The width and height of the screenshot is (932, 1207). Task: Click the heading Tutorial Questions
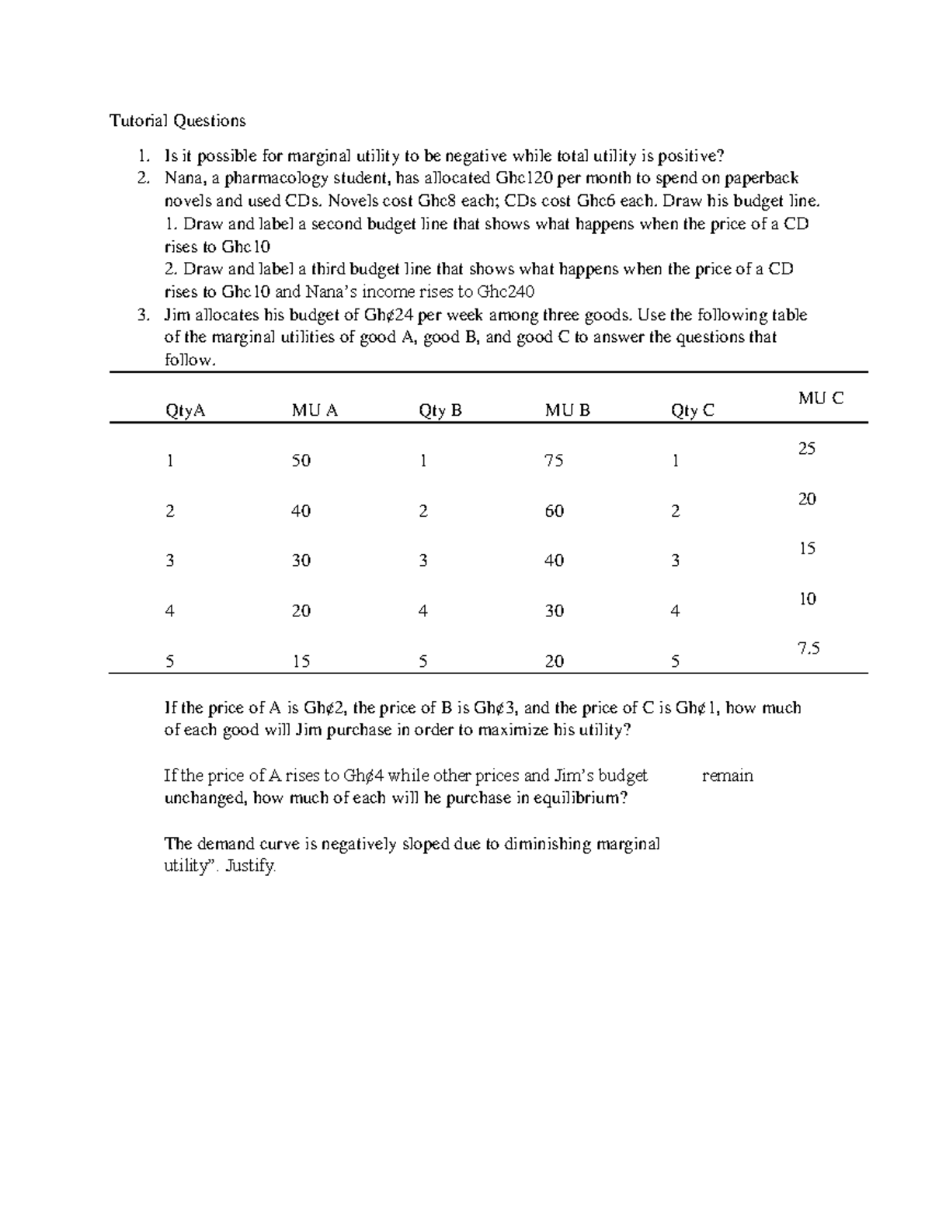click(177, 120)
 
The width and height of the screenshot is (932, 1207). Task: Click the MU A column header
click(315, 410)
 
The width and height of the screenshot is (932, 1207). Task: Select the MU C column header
click(820, 398)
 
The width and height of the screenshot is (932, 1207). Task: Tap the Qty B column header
click(440, 410)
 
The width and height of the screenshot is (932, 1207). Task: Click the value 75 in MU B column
click(554, 461)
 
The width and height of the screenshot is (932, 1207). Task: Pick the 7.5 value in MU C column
click(809, 648)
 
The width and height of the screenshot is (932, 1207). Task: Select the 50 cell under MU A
click(301, 461)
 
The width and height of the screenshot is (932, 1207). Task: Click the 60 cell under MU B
click(554, 511)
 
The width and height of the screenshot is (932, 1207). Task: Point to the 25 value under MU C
click(807, 448)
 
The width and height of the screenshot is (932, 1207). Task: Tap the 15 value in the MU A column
click(301, 661)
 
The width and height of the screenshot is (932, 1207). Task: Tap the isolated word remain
click(727, 776)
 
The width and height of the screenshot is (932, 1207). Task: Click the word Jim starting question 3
click(176, 316)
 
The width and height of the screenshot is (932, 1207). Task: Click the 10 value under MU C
click(807, 598)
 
